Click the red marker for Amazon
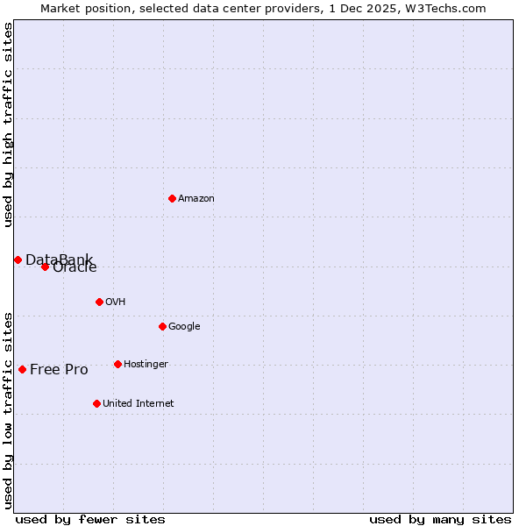pyautogui.click(x=172, y=198)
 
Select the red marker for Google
pyautogui.click(x=162, y=326)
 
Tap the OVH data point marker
pyautogui.click(x=99, y=302)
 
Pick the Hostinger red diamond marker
pyautogui.click(x=117, y=364)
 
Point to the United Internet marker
pyautogui.click(x=96, y=403)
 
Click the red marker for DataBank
pyautogui.click(x=18, y=259)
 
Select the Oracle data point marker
pyautogui.click(x=45, y=267)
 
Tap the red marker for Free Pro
pyautogui.click(x=22, y=369)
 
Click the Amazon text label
pyautogui.click(x=196, y=199)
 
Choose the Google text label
pyautogui.click(x=184, y=327)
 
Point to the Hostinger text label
pyautogui.click(x=146, y=365)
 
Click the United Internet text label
pyautogui.click(x=138, y=404)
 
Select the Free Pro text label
pyautogui.click(x=59, y=370)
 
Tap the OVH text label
pyautogui.click(x=115, y=302)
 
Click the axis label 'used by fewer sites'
pyautogui.click(x=90, y=519)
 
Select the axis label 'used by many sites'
pyautogui.click(x=440, y=519)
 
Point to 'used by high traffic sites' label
pyautogui.click(x=8, y=124)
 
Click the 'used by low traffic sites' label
pyautogui.click(x=8, y=409)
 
